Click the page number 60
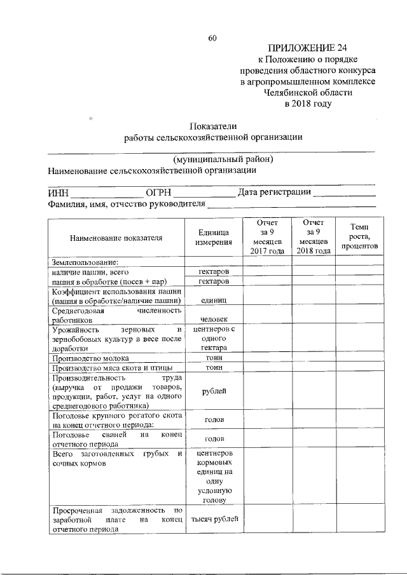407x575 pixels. click(212, 38)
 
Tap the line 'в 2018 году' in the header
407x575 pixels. click(308, 104)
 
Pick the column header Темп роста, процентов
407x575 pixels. click(358, 237)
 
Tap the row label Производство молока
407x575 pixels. click(88, 358)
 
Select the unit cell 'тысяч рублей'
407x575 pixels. click(213, 519)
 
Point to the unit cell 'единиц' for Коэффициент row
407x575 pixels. click(213, 299)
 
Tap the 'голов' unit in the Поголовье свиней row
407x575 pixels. click(213, 439)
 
